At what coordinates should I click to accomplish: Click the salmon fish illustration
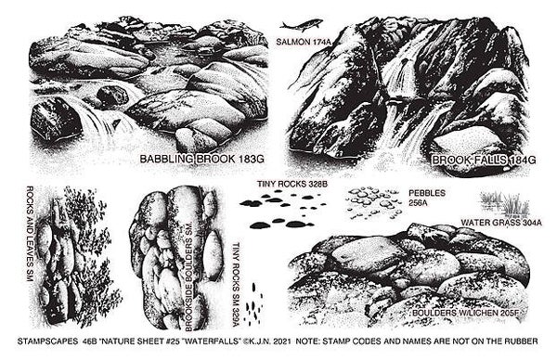coord(301,25)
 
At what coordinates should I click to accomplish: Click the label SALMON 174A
coord(304,42)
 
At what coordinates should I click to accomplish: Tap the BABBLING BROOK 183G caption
coord(201,159)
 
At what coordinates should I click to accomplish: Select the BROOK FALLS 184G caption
coord(484,161)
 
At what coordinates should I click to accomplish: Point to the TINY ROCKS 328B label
coord(292,184)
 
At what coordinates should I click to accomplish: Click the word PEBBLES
coord(427,193)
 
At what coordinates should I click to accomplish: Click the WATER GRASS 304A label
coord(501,223)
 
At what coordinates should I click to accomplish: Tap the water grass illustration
coord(504,204)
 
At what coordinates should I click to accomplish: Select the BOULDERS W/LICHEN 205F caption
coord(466,313)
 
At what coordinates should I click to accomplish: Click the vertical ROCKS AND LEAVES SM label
coord(30,234)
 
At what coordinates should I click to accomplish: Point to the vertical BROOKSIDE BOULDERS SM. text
coord(188,276)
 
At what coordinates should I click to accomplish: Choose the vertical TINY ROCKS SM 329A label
coord(236,284)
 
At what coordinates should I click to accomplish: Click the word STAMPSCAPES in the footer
coord(47,341)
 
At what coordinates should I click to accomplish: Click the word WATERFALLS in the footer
coord(216,341)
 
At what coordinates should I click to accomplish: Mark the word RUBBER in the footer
coord(521,341)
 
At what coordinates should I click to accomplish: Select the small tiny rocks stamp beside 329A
coord(254,303)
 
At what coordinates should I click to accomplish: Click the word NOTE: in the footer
coord(308,341)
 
